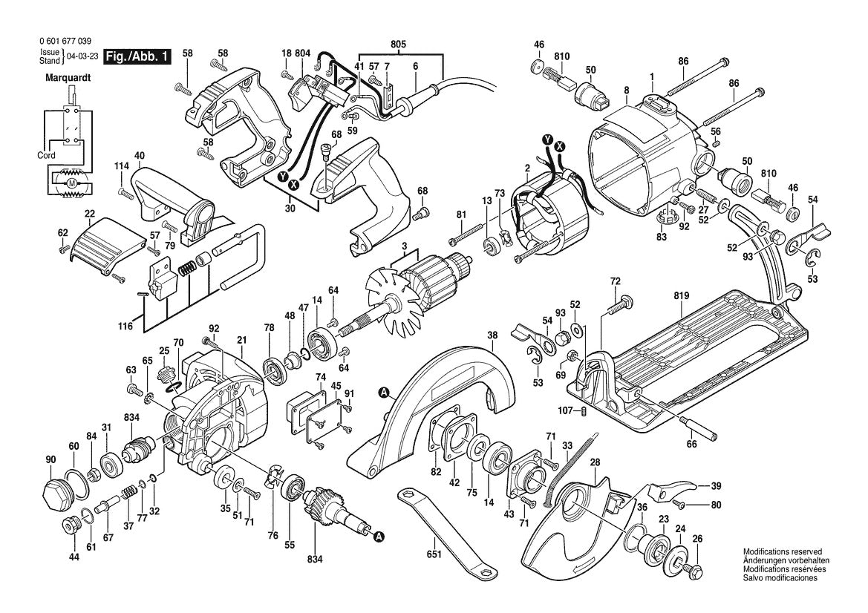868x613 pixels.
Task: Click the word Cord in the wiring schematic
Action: pyautogui.click(x=46, y=156)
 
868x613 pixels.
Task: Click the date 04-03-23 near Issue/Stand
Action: pyautogui.click(x=81, y=57)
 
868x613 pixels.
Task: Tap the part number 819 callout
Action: pyautogui.click(x=682, y=295)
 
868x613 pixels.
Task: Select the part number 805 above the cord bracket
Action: pyautogui.click(x=399, y=44)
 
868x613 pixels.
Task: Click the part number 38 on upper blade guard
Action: pyautogui.click(x=491, y=335)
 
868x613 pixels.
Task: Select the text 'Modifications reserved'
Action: pyautogui.click(x=783, y=552)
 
